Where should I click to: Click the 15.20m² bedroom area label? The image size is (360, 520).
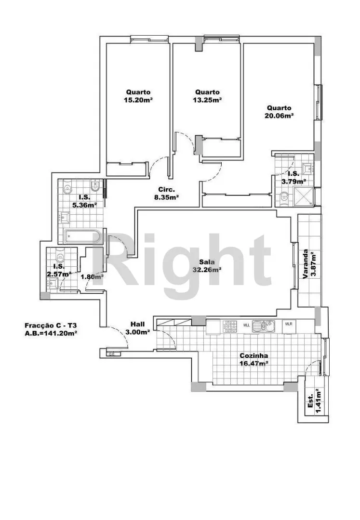138,96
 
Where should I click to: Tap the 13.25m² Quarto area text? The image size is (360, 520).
207,96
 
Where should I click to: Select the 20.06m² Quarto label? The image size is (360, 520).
279,111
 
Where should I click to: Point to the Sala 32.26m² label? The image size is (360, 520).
207,266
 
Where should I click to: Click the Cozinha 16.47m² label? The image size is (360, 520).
254,359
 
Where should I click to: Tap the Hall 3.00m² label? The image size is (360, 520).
138,328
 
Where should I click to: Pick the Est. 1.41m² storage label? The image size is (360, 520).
314,401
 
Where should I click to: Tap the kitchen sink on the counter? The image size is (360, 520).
264,326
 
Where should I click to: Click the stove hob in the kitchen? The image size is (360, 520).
229,326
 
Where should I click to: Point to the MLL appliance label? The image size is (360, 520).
247,325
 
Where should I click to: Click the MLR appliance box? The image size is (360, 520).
289,325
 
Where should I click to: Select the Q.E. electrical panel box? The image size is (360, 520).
111,354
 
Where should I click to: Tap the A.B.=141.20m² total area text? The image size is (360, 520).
51,333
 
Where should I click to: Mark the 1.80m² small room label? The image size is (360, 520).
92,276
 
